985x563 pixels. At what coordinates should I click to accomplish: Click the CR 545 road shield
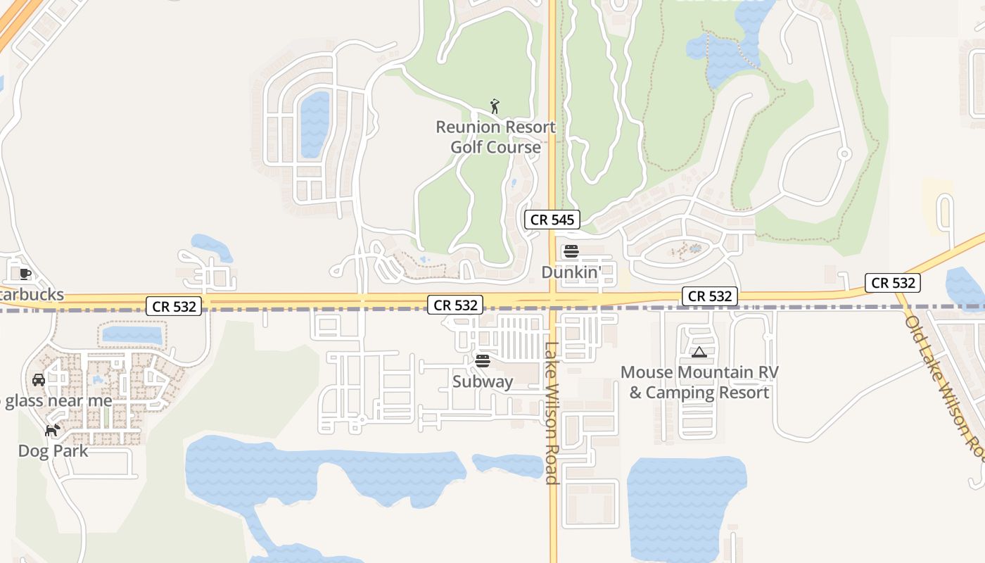(x=552, y=220)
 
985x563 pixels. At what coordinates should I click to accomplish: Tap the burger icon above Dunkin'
(x=571, y=251)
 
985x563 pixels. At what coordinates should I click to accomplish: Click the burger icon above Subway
(x=483, y=361)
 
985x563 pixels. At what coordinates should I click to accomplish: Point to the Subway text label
(x=483, y=382)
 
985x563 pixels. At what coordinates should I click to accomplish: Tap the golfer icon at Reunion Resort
(x=495, y=107)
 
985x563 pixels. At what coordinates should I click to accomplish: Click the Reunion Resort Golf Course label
(x=495, y=137)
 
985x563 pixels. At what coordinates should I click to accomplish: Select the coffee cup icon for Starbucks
(x=25, y=274)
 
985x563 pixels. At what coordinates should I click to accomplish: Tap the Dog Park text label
(x=53, y=451)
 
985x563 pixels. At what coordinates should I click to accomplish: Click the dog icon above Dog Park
(x=52, y=430)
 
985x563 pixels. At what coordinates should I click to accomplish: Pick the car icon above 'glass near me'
(x=39, y=380)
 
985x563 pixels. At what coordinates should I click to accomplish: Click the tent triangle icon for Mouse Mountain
(x=699, y=352)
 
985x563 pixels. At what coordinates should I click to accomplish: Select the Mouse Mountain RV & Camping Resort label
(x=699, y=382)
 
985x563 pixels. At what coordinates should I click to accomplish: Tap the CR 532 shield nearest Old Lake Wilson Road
(x=893, y=283)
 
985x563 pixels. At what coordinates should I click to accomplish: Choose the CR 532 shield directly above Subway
(x=456, y=305)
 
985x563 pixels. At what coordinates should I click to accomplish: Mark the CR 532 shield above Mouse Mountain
(x=710, y=296)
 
